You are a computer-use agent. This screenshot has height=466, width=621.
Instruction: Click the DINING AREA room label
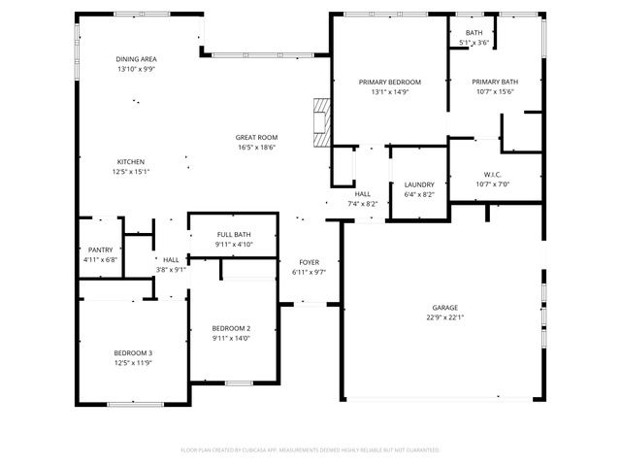click(136, 59)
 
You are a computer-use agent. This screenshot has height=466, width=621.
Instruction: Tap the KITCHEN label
click(131, 161)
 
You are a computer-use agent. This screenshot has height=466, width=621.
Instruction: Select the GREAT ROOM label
click(256, 138)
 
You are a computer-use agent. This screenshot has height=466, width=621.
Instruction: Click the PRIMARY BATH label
click(496, 82)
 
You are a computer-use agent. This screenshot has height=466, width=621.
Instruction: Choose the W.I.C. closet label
click(493, 174)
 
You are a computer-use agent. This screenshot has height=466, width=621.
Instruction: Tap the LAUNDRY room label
click(418, 184)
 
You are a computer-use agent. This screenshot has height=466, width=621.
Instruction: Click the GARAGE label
click(445, 308)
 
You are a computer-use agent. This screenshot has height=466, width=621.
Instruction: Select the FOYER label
click(308, 262)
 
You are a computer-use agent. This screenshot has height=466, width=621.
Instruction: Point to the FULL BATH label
click(234, 234)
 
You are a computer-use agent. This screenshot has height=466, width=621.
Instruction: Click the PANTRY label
click(100, 250)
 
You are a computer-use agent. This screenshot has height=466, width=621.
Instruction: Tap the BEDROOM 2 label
click(232, 328)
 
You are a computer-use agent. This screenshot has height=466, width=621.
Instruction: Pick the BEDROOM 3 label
click(133, 352)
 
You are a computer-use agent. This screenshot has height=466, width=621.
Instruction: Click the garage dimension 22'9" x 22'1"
click(445, 317)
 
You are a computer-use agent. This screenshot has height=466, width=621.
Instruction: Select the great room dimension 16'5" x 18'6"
click(256, 148)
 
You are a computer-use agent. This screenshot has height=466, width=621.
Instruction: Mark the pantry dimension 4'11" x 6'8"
click(100, 259)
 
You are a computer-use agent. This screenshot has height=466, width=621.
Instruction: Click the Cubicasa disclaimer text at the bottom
click(310, 450)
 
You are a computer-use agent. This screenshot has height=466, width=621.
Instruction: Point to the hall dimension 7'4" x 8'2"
click(362, 204)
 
